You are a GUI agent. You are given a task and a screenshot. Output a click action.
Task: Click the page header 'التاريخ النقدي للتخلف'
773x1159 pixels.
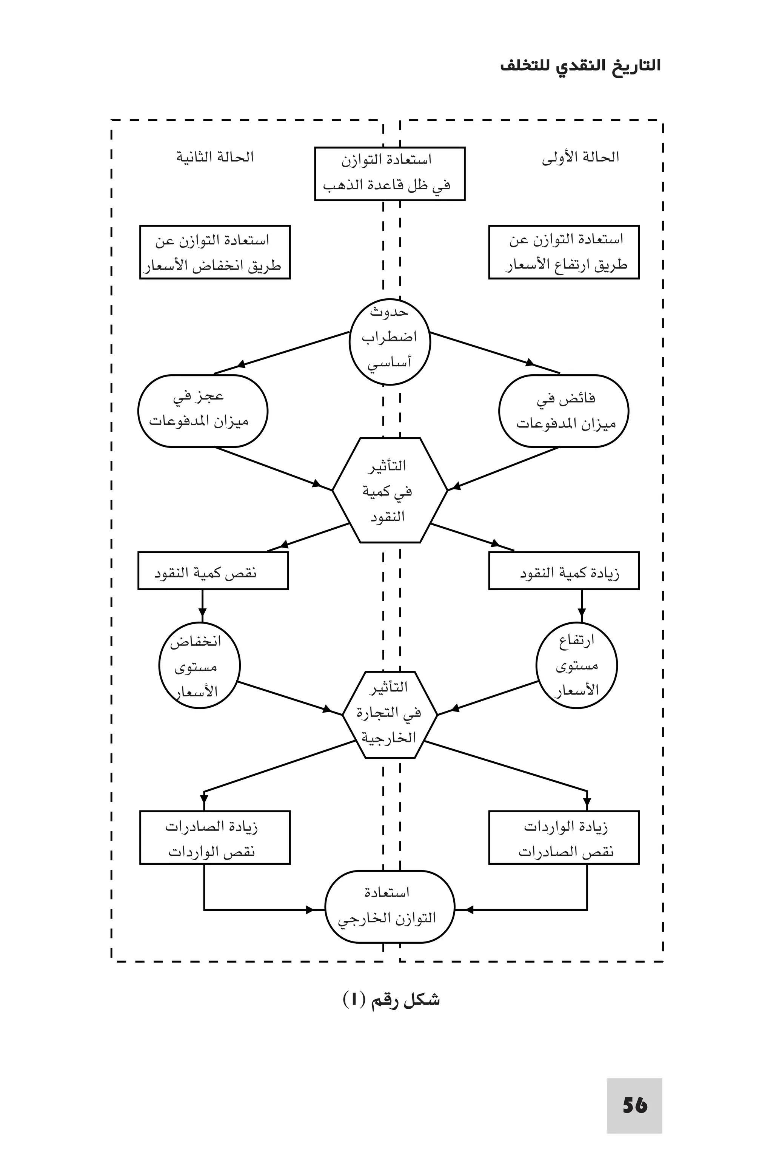click(580, 66)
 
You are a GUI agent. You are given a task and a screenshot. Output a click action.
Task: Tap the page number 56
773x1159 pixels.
click(634, 1105)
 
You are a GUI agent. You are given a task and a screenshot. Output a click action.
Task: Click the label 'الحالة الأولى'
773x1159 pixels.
click(580, 158)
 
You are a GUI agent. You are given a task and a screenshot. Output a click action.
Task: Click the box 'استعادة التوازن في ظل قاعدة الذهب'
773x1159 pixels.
click(390, 174)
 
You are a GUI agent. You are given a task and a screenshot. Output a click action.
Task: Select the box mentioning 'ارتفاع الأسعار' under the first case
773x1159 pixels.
click(564, 252)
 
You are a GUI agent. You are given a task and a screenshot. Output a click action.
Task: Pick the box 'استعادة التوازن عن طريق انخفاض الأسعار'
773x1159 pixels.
click(215, 252)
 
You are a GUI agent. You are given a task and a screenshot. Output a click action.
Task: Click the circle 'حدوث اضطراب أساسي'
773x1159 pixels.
click(390, 341)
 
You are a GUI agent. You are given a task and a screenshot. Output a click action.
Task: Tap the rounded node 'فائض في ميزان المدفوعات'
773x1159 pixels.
click(564, 411)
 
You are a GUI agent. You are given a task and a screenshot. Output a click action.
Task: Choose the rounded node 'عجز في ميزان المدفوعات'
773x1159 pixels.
click(203, 411)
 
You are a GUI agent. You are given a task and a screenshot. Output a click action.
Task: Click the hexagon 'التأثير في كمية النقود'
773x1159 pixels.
click(390, 490)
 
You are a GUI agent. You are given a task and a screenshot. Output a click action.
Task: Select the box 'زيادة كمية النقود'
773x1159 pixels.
click(564, 571)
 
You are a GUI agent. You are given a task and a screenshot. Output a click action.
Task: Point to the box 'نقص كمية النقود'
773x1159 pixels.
click(213, 571)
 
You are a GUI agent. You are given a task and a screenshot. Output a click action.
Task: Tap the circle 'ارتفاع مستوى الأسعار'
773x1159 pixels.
click(576, 666)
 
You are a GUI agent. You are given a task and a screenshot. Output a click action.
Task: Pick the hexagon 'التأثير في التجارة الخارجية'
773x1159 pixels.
click(390, 714)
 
